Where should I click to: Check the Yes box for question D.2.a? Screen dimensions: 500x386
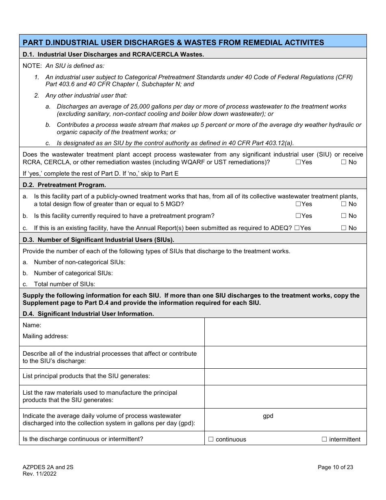298,204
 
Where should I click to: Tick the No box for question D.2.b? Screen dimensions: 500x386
343,216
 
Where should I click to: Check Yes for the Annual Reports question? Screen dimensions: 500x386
297,228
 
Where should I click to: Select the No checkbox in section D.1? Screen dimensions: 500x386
343,162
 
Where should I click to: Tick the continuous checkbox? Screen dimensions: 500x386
211,439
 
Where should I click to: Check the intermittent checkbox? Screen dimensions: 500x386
324,439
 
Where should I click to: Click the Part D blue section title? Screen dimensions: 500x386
173,42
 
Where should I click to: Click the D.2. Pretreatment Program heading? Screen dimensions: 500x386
64,185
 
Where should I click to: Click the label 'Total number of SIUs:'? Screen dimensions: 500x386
64,284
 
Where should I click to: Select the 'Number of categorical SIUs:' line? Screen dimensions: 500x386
73,273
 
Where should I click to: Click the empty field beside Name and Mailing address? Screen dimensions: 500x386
285,332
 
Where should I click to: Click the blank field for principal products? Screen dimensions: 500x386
285,377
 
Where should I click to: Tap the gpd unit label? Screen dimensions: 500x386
268,416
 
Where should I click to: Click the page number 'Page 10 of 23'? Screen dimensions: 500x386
335,467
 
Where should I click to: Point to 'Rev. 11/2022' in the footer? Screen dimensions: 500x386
39,474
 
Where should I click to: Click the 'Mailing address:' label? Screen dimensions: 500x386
46,336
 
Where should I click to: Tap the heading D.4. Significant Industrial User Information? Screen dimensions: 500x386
88,314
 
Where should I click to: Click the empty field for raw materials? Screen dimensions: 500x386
285,397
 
